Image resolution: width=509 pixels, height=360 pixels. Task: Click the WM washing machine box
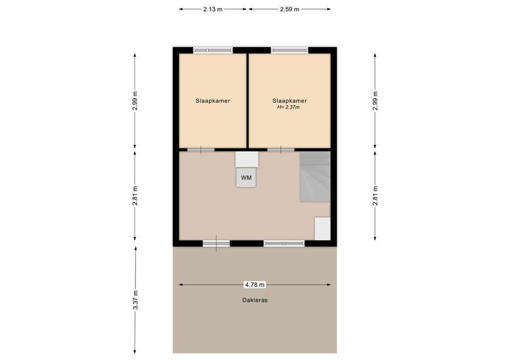[246, 177]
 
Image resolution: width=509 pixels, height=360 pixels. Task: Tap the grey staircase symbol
[315, 176]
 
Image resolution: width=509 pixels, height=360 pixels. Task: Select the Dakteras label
[255, 300]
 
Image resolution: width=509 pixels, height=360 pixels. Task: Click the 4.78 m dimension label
[255, 284]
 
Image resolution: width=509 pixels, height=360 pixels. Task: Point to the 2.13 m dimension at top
[212, 9]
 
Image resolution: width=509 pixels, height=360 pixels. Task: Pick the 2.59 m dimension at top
[289, 9]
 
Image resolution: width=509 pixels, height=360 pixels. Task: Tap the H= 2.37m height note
[289, 108]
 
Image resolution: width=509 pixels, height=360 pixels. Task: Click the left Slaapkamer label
[212, 101]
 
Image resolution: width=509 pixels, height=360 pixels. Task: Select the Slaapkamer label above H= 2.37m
[289, 101]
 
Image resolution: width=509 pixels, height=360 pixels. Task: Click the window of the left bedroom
[213, 50]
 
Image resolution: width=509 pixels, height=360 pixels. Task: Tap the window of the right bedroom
[289, 50]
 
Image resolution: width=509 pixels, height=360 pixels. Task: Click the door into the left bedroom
[201, 149]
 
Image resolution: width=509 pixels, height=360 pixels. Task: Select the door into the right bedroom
[281, 149]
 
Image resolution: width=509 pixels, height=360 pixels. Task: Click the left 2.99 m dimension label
[135, 101]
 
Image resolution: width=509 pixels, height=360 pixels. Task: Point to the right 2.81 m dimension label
[375, 196]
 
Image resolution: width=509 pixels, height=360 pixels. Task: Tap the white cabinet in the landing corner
[322, 229]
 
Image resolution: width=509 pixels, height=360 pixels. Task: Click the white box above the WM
[247, 159]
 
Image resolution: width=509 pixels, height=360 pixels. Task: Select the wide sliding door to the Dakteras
[284, 243]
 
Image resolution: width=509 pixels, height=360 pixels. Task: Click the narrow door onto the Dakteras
[216, 243]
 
